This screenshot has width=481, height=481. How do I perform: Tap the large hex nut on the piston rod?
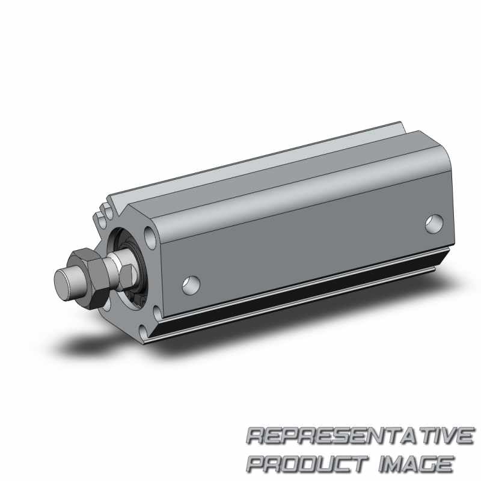(88, 278)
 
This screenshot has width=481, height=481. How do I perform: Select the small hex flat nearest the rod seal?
(127, 277)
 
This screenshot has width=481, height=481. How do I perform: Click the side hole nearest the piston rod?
(191, 285)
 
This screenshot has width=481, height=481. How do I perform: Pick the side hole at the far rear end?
(434, 224)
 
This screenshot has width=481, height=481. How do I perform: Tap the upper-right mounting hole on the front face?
(150, 237)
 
